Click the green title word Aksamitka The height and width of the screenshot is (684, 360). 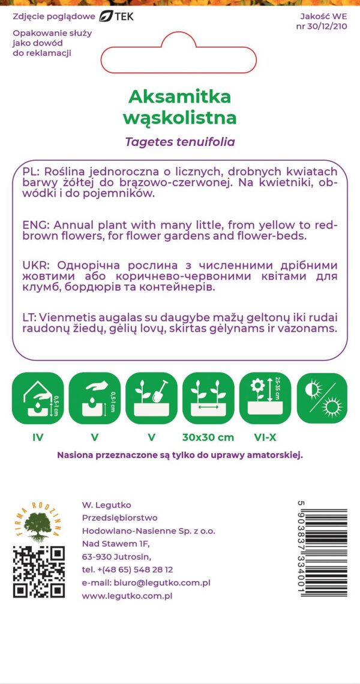(x=179, y=96)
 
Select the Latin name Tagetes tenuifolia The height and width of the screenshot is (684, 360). (x=180, y=142)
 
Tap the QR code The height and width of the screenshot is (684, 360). (x=39, y=571)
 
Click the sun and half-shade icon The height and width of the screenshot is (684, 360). (x=322, y=398)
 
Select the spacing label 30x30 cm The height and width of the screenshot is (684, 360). (x=208, y=437)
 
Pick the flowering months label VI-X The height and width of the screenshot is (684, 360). (x=265, y=437)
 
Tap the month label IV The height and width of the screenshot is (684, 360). (x=38, y=437)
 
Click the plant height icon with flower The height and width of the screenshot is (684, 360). (x=265, y=398)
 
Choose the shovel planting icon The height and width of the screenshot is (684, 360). (x=151, y=398)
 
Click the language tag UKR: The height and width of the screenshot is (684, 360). (x=37, y=265)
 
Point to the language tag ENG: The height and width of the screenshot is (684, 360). (x=37, y=225)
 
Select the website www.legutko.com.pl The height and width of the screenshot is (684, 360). (x=127, y=596)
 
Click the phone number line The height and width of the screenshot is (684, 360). (x=127, y=569)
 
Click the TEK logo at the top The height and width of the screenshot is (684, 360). (x=116, y=16)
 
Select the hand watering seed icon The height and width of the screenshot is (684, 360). (x=95, y=398)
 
